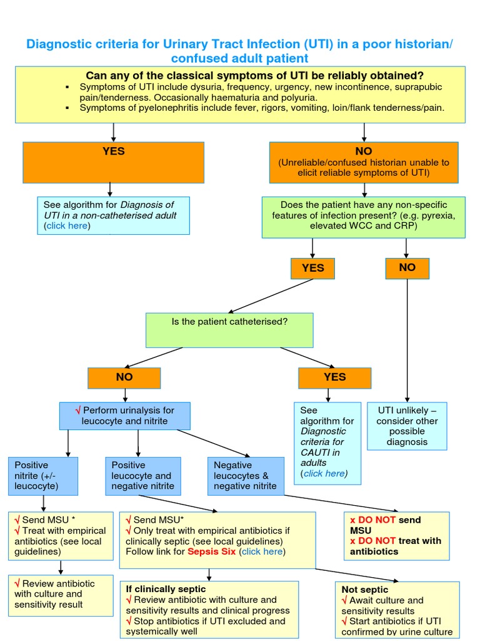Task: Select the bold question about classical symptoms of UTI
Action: [254, 75]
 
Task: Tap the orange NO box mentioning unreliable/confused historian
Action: [363, 162]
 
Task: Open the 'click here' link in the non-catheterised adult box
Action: [67, 226]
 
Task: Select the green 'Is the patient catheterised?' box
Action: [229, 330]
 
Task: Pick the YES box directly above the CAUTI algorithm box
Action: [334, 377]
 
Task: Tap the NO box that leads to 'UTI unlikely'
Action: [407, 268]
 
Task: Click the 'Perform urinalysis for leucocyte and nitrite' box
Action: [124, 416]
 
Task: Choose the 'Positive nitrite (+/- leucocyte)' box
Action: [43, 475]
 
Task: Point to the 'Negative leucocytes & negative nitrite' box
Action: [246, 475]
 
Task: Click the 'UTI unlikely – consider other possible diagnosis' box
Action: [407, 426]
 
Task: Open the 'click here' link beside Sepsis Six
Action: [262, 551]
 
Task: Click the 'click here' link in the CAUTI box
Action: [324, 473]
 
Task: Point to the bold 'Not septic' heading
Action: [365, 589]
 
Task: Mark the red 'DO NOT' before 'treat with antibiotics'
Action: [377, 541]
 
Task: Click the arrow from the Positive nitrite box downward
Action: [43, 502]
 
